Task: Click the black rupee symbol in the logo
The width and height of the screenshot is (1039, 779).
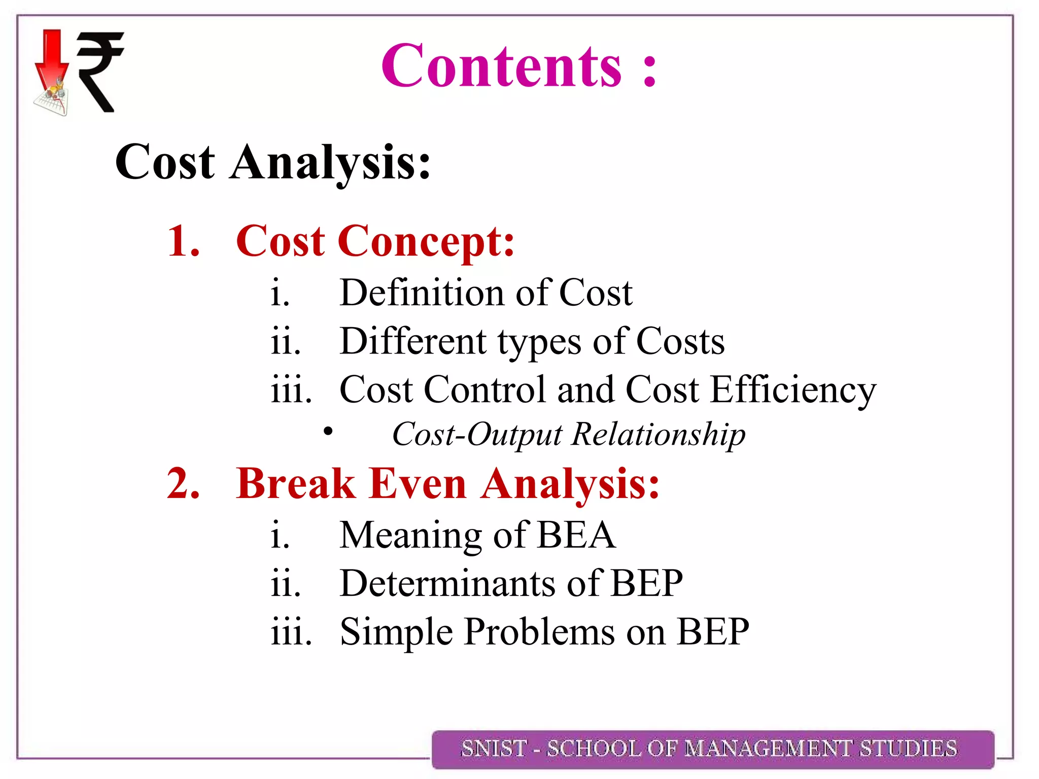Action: (99, 71)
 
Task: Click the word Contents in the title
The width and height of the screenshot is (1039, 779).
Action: (501, 66)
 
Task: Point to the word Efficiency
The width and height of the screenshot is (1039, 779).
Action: (793, 390)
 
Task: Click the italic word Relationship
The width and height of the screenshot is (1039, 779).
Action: (659, 435)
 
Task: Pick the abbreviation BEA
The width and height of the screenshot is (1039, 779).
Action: (576, 535)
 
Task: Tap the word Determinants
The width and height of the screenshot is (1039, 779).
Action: (447, 583)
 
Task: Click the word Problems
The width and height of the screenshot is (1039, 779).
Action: (539, 632)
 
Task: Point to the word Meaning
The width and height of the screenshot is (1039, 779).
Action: (410, 536)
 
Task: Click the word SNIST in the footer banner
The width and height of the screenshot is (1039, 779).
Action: (493, 749)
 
